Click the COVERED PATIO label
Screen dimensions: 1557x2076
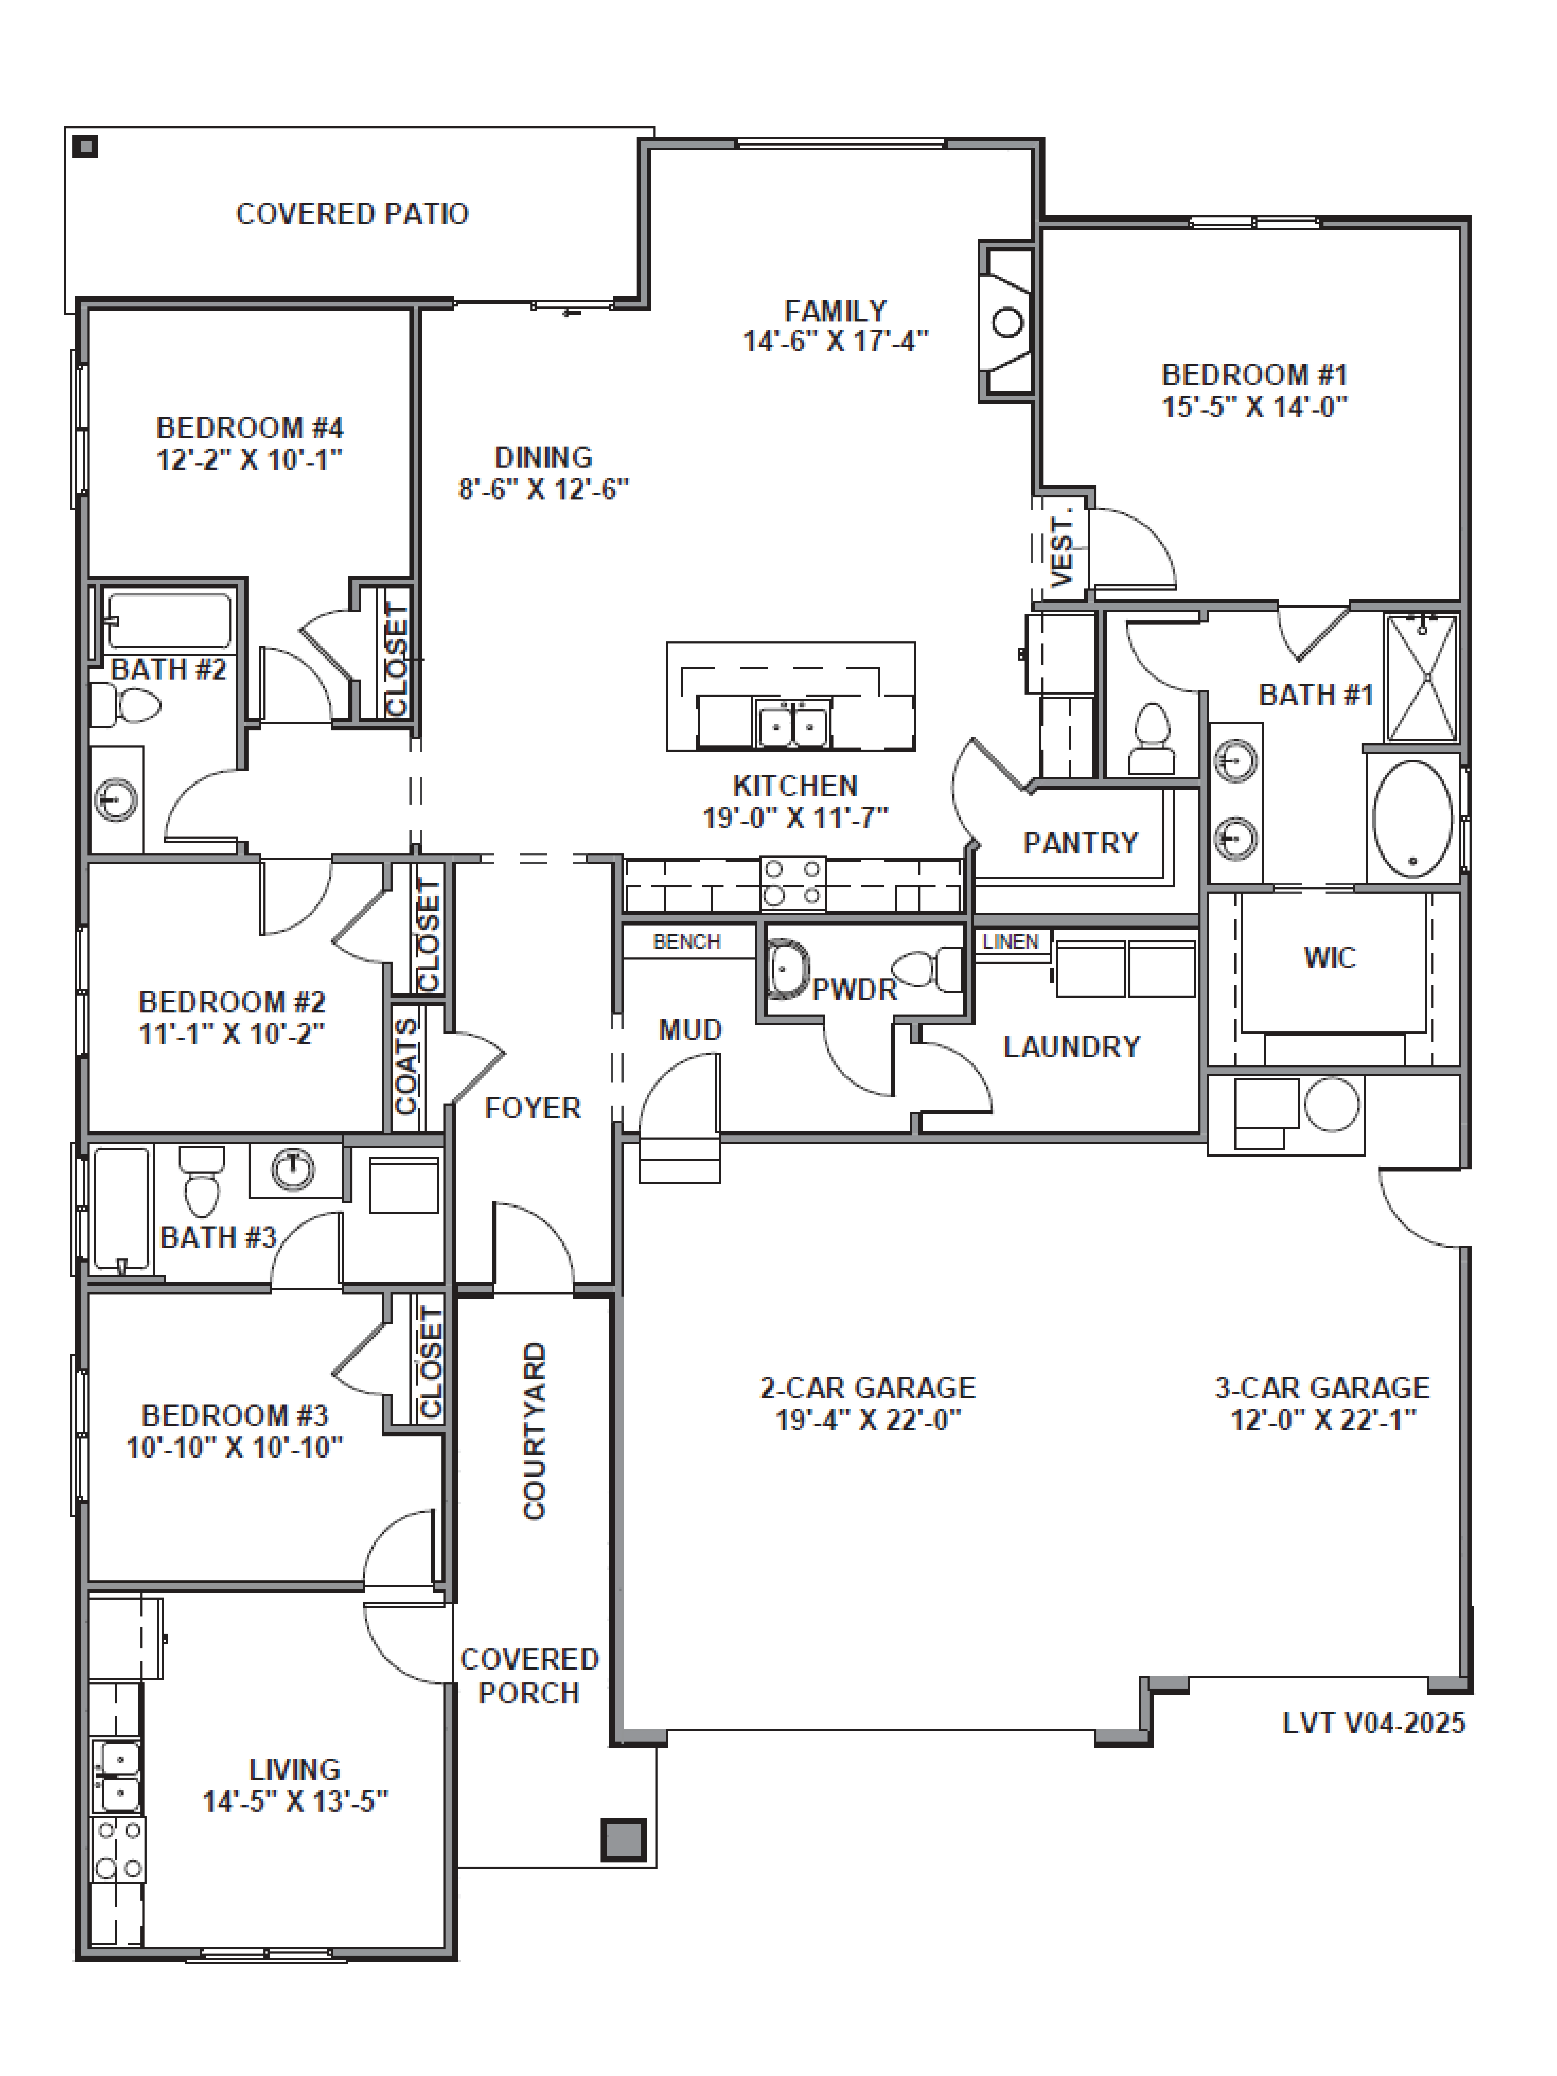[352, 214]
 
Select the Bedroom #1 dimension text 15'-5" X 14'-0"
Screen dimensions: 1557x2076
[1255, 406]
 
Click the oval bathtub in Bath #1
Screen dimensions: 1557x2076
[1412, 818]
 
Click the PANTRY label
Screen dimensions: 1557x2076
[1080, 843]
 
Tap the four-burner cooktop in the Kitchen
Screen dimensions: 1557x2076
[793, 882]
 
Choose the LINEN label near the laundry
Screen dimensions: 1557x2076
[1011, 941]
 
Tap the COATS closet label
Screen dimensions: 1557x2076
[405, 1067]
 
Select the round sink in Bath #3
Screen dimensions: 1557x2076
[293, 1168]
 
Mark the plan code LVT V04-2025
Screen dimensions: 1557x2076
[1374, 1723]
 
